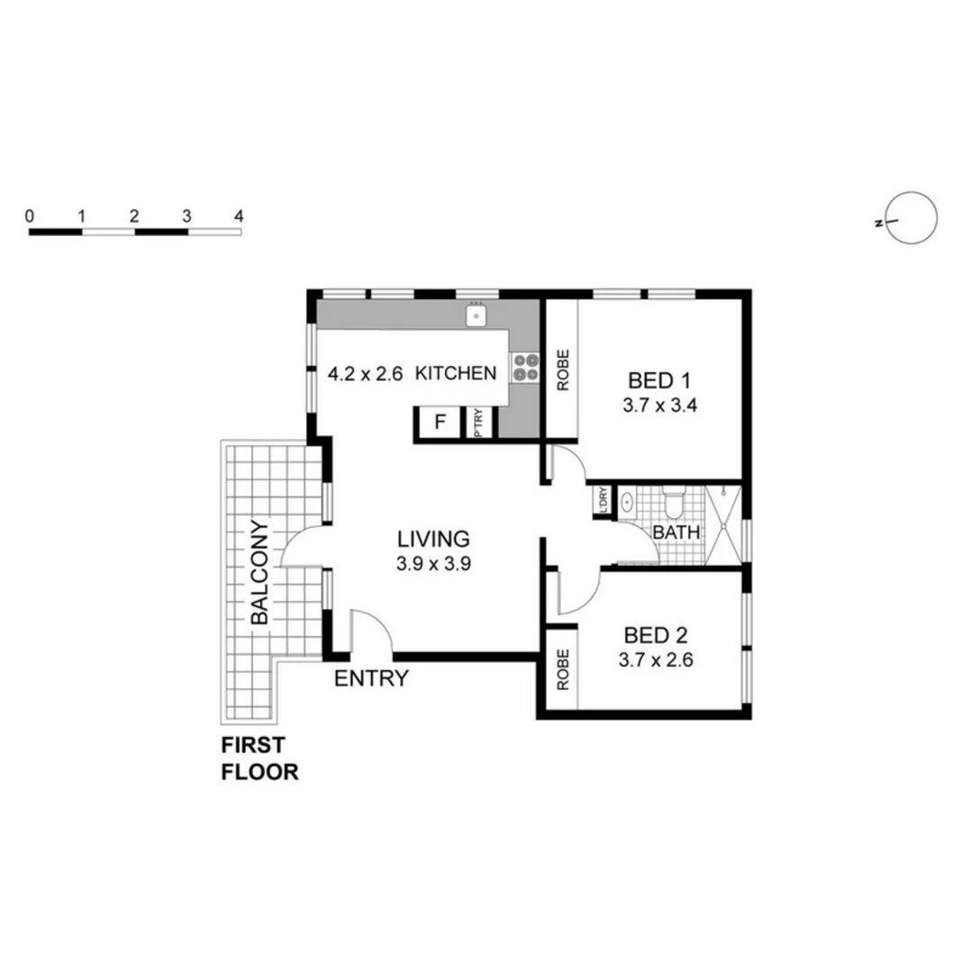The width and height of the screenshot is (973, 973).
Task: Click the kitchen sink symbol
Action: point(476,315)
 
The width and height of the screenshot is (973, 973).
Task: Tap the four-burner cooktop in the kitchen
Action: point(525,368)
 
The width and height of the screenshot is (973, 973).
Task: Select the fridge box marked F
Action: point(441,422)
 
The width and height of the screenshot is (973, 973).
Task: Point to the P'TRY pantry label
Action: point(478,423)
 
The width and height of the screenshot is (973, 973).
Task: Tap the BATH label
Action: point(677,532)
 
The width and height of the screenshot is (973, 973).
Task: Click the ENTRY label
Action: point(371,679)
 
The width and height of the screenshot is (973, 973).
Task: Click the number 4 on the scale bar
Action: point(239,216)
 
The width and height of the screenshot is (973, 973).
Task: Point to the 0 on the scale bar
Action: point(31,216)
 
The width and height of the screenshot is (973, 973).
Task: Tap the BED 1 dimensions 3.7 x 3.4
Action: point(660,405)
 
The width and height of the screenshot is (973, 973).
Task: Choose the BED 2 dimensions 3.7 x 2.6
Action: point(655,659)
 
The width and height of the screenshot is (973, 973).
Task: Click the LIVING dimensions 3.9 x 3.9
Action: point(434,565)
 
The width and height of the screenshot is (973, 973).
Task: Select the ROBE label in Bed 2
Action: point(562,670)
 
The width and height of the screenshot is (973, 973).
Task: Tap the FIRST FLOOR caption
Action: point(259,759)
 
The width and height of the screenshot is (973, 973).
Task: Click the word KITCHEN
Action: point(456,373)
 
